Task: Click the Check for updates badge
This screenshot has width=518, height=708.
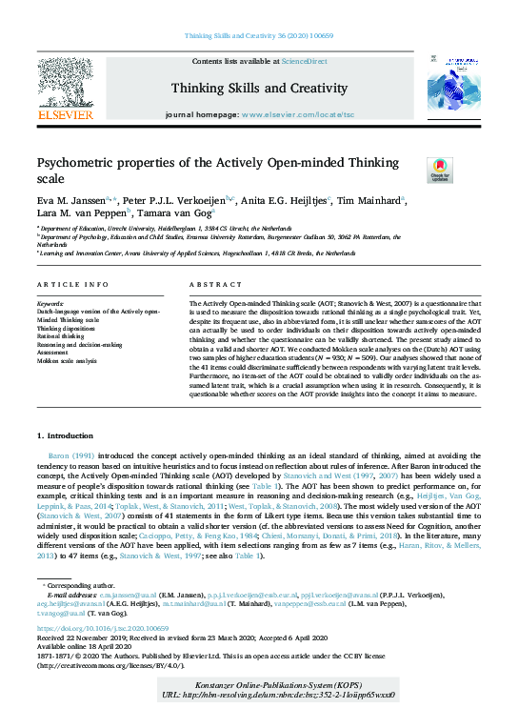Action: coord(413,171)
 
